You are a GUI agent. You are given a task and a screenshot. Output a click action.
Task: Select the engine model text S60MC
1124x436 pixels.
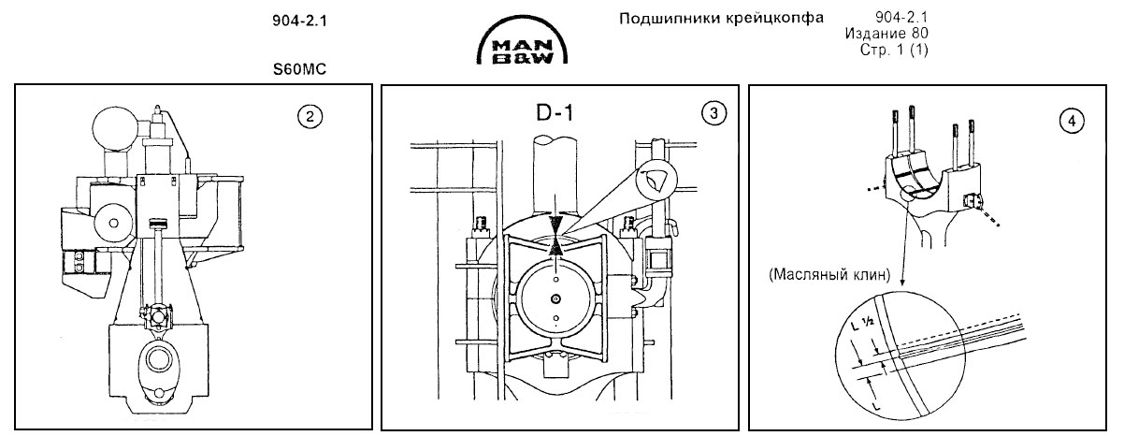pos(295,69)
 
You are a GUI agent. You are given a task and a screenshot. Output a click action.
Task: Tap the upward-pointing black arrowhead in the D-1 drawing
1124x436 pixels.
pos(556,246)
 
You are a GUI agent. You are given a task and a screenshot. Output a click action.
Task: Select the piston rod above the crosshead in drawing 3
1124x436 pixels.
pos(556,178)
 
